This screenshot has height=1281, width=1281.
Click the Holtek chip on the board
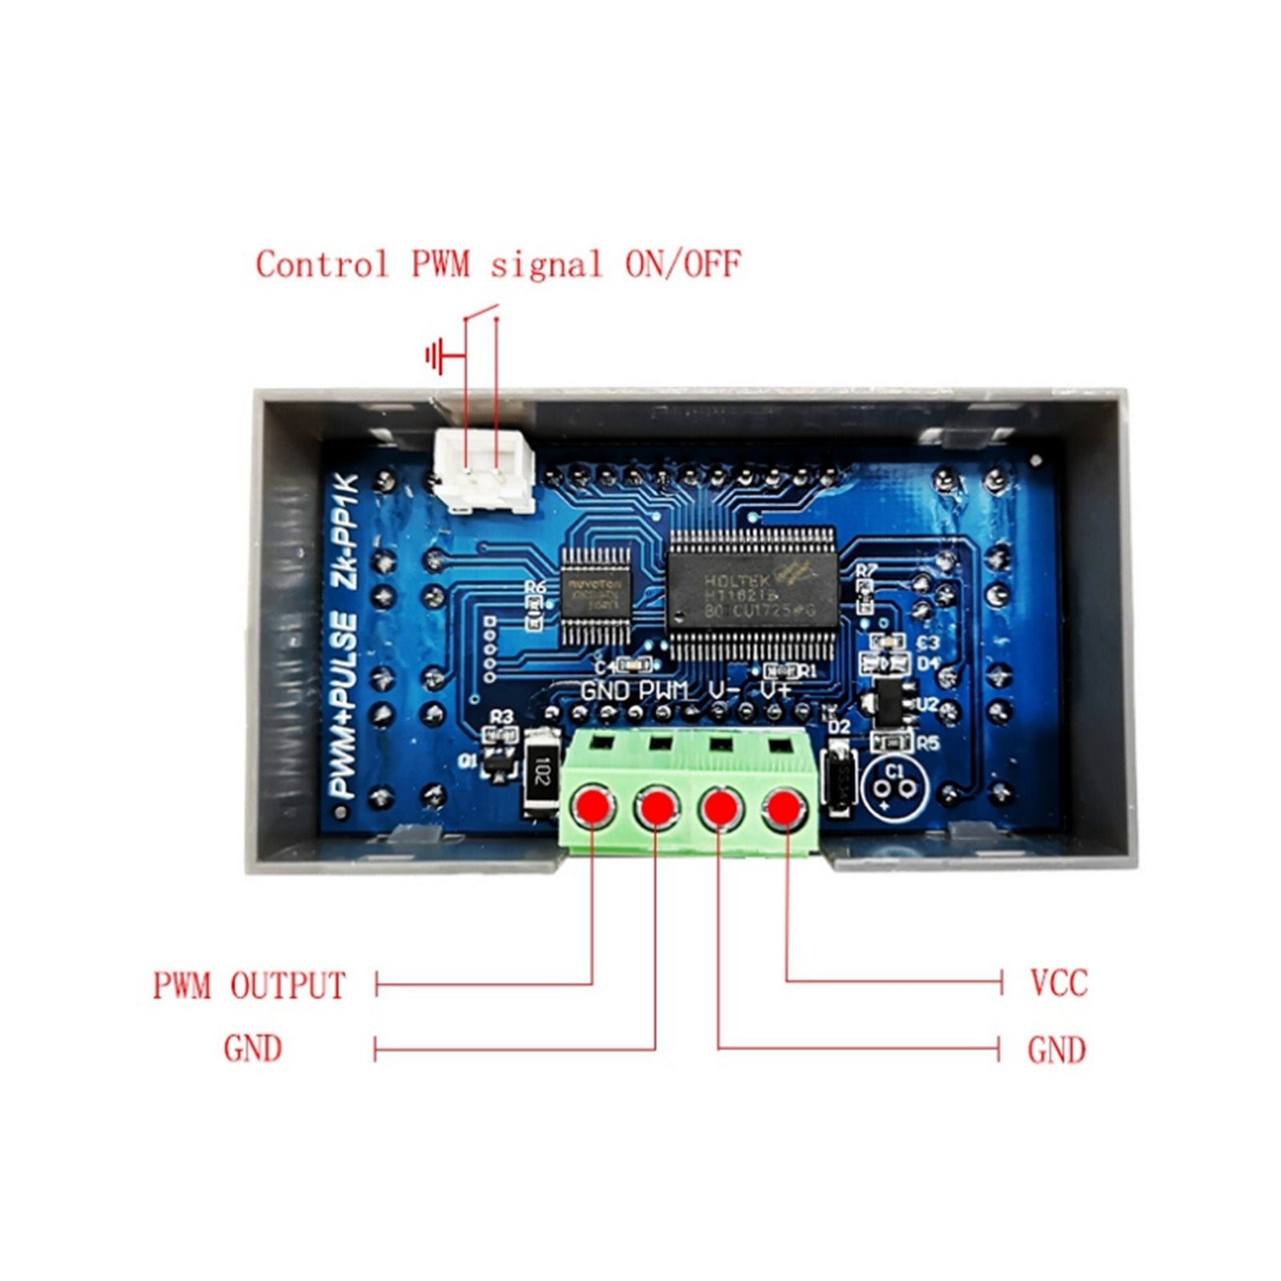(x=752, y=592)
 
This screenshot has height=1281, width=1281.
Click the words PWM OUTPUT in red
(x=249, y=986)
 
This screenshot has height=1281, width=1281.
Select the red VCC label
(x=1058, y=983)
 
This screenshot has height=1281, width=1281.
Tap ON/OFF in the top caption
(x=682, y=264)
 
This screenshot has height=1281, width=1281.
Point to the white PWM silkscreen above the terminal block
(x=664, y=690)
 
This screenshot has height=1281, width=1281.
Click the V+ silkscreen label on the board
(x=775, y=690)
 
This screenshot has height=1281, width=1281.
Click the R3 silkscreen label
(x=501, y=717)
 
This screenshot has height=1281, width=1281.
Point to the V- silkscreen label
(x=723, y=690)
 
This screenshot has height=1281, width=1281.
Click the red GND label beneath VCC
(x=1056, y=1050)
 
